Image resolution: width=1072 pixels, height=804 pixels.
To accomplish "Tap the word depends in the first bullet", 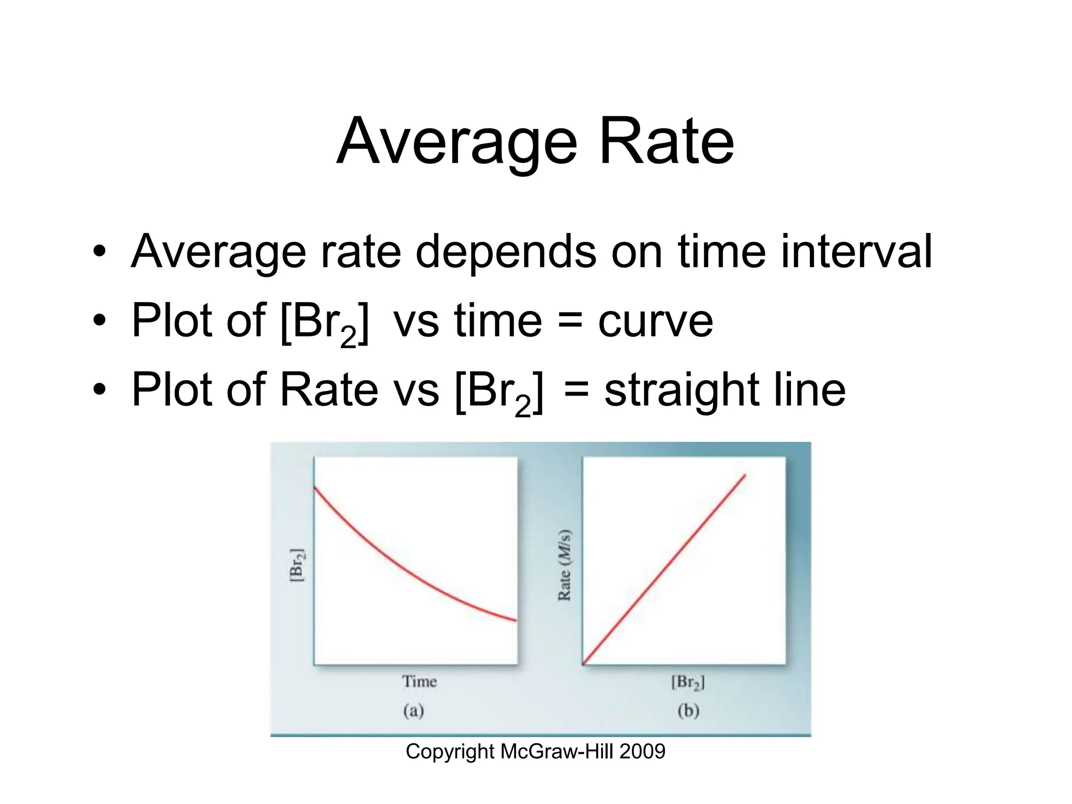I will (506, 252).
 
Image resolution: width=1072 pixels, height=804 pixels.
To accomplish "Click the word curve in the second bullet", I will (655, 321).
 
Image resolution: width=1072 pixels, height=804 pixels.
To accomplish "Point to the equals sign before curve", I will (569, 320).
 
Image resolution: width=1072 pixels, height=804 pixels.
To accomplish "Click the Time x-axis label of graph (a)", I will (419, 682).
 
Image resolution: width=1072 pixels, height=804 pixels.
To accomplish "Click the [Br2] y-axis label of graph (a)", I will (296, 565).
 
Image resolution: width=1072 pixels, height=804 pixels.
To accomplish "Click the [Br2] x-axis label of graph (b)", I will (688, 682).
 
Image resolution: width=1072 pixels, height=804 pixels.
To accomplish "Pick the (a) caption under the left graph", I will (413, 711).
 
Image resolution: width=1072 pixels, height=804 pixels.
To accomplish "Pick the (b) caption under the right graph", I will (688, 711).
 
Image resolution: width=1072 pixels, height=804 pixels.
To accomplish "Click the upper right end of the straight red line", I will (744, 475).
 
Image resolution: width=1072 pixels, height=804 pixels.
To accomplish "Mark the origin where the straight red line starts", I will (584, 664).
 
